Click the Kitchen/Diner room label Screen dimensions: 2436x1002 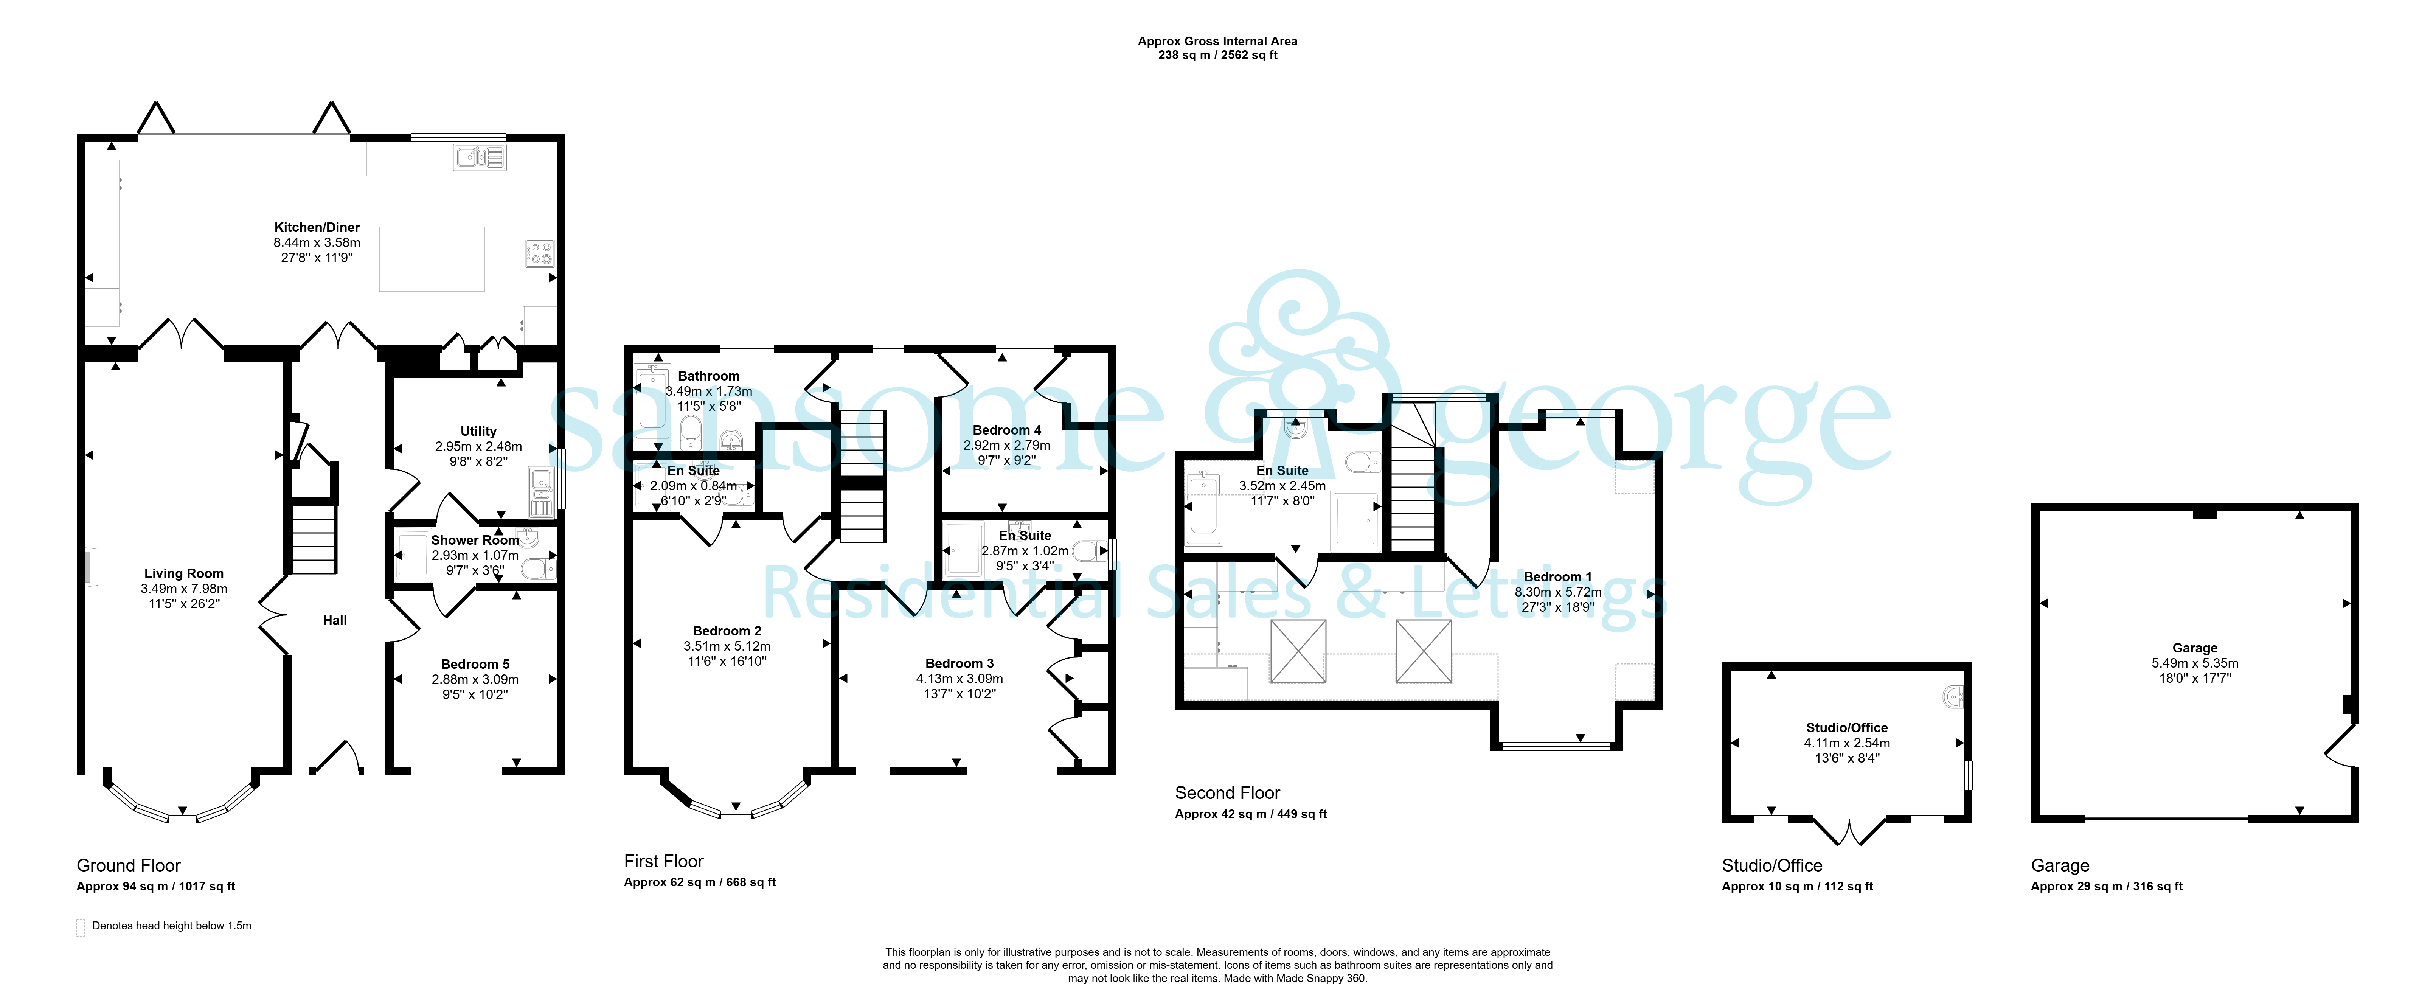[x=317, y=227]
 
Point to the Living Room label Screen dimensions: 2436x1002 [x=183, y=573]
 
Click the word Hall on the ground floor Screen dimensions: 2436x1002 [x=335, y=621]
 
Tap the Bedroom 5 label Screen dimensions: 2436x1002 [x=475, y=664]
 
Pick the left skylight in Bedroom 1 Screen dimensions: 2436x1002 [x=1298, y=651]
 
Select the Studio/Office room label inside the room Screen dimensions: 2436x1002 [x=1847, y=728]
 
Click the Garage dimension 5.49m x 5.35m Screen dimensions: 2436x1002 [x=2195, y=663]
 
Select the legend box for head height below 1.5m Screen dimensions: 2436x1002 [x=81, y=927]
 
